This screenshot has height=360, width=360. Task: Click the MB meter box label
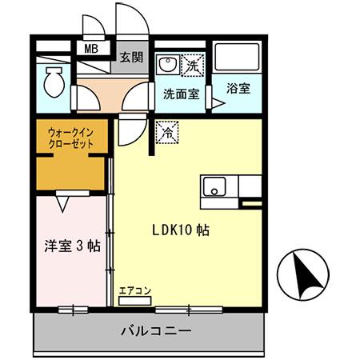(x=91, y=49)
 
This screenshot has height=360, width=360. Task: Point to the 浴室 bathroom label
(x=238, y=89)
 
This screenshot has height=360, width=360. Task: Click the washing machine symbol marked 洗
(x=194, y=64)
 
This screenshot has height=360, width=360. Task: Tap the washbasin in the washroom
(x=168, y=64)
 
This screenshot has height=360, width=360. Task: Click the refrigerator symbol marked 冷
(x=166, y=129)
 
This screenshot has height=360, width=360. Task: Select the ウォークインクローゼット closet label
(x=70, y=138)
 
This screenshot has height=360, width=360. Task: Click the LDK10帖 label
(x=181, y=230)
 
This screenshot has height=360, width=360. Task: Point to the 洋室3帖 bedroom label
(x=71, y=246)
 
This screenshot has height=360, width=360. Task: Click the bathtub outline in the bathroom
(x=238, y=57)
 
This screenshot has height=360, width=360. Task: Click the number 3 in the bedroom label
(x=79, y=246)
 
